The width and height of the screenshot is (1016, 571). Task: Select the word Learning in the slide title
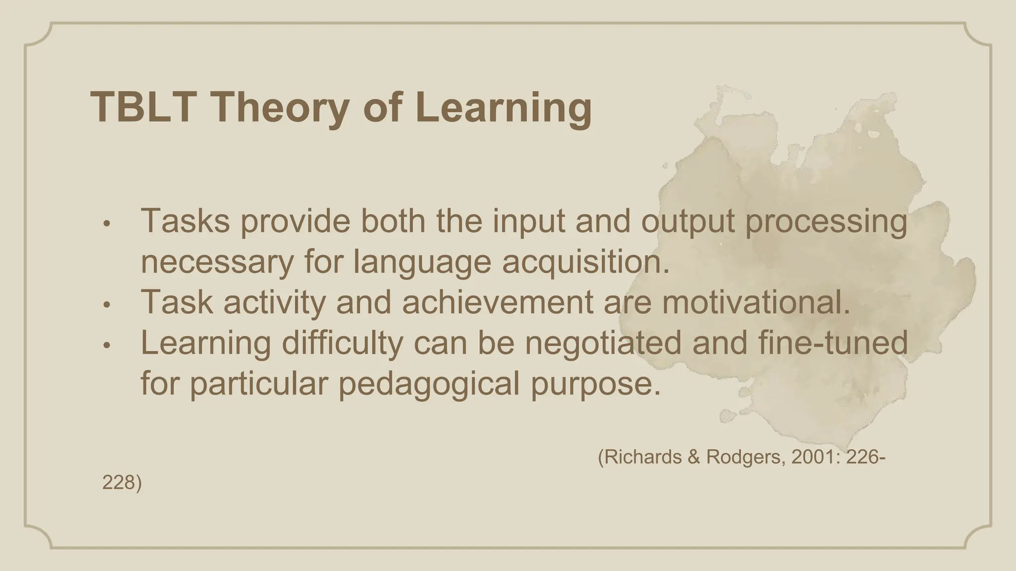(507, 108)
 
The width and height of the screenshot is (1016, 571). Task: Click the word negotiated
(603, 343)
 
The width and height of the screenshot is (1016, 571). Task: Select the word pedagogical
(429, 383)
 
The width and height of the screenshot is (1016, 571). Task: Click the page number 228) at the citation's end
(122, 483)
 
